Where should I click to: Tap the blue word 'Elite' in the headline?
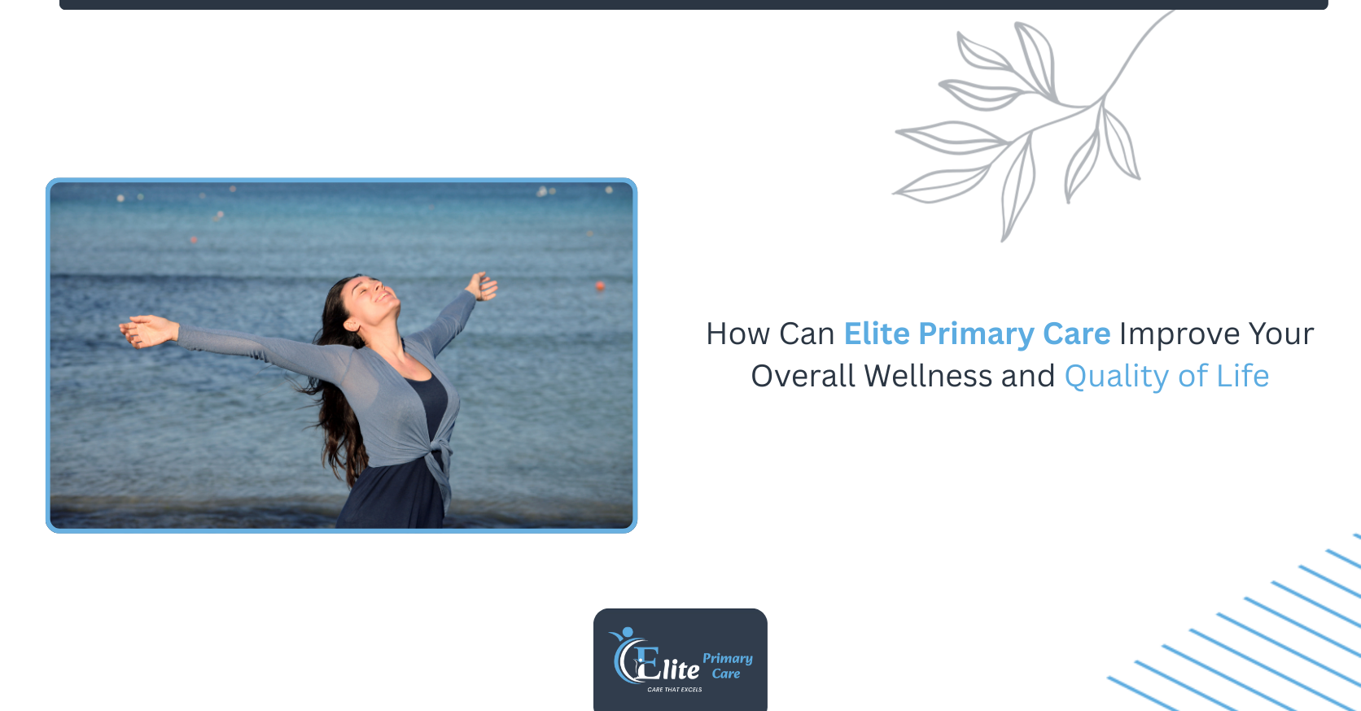point(877,334)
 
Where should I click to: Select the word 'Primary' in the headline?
point(976,335)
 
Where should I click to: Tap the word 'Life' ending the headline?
point(1242,377)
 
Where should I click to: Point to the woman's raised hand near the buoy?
point(482,286)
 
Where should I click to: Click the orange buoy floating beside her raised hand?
point(600,286)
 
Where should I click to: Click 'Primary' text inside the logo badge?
point(727,658)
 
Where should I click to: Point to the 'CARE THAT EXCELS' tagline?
point(674,689)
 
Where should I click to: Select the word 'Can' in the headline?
point(807,334)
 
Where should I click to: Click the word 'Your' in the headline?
point(1281,334)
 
